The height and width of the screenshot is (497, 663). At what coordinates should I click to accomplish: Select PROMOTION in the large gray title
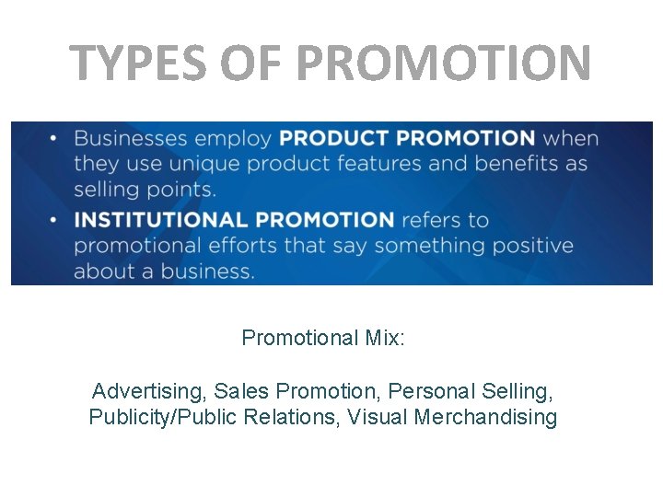click(x=444, y=63)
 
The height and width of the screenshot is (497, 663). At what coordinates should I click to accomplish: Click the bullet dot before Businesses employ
click(x=53, y=139)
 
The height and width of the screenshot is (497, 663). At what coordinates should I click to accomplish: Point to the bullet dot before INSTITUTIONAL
click(x=53, y=220)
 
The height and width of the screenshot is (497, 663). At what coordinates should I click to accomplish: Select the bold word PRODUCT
click(x=334, y=139)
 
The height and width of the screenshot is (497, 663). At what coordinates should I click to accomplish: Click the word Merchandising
click(x=485, y=418)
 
